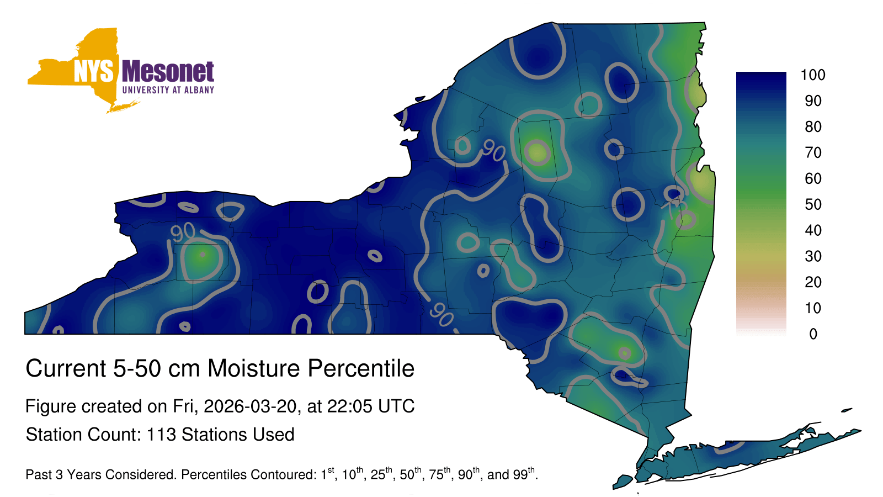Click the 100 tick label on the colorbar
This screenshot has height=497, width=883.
coord(813,75)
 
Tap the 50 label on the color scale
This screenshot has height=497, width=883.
coord(813,204)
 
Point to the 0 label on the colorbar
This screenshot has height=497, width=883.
coord(813,334)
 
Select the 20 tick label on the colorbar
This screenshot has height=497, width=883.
coord(813,282)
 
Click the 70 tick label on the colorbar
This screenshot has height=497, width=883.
coord(813,152)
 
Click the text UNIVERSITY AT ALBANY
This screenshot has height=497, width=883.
coord(168,90)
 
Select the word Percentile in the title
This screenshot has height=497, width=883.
coord(361,368)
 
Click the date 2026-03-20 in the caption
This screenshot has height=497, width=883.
coord(250,406)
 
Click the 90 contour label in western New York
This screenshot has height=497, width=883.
coord(183,232)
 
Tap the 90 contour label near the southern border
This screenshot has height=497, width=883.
coord(441,315)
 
